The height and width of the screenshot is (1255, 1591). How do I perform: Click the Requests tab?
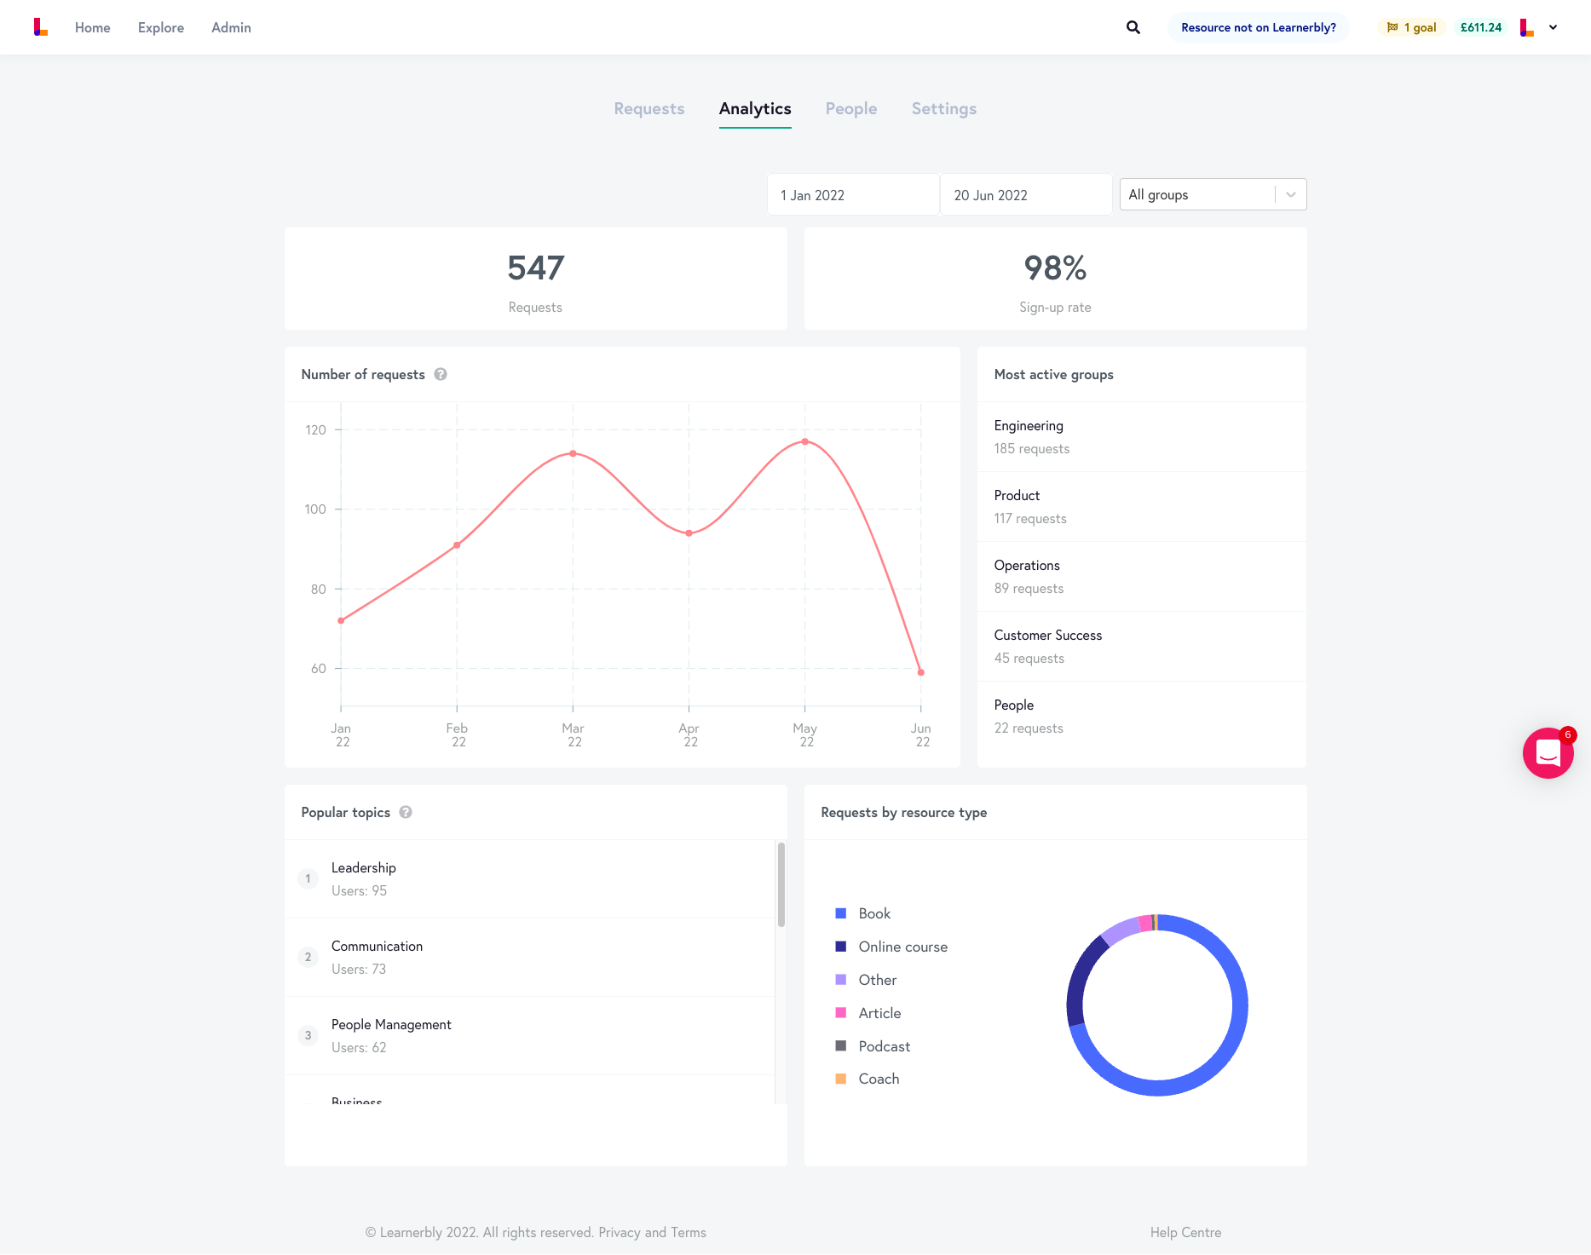click(x=649, y=109)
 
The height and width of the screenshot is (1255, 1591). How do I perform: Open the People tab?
click(x=850, y=109)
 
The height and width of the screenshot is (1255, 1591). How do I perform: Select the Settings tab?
click(x=943, y=109)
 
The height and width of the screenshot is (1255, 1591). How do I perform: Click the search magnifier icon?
click(x=1133, y=27)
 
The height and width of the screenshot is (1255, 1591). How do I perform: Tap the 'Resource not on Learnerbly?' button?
click(x=1258, y=27)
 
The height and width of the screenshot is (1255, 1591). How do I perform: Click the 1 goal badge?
click(x=1412, y=27)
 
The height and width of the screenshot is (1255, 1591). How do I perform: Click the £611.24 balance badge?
click(x=1480, y=27)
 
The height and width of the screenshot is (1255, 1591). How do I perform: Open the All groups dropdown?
click(x=1212, y=195)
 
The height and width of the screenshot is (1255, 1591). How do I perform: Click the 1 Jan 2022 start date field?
click(x=852, y=195)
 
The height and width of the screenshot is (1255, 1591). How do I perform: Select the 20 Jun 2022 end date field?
click(x=1025, y=195)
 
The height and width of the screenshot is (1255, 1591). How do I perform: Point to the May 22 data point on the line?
click(x=804, y=441)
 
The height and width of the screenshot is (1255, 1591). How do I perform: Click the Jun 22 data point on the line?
click(x=920, y=672)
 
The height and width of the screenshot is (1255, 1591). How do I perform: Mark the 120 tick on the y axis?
click(x=316, y=430)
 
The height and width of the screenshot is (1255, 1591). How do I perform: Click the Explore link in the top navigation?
click(x=161, y=27)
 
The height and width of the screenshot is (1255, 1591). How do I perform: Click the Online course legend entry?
click(x=902, y=947)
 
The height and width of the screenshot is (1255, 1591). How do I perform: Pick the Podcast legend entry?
click(x=883, y=1046)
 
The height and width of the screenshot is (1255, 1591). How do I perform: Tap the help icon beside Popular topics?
click(x=406, y=813)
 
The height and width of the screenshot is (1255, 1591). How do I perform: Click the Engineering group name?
click(x=1029, y=426)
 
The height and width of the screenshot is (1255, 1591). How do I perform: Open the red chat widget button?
click(x=1548, y=753)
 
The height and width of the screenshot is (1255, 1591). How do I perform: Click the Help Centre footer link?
click(x=1185, y=1233)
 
